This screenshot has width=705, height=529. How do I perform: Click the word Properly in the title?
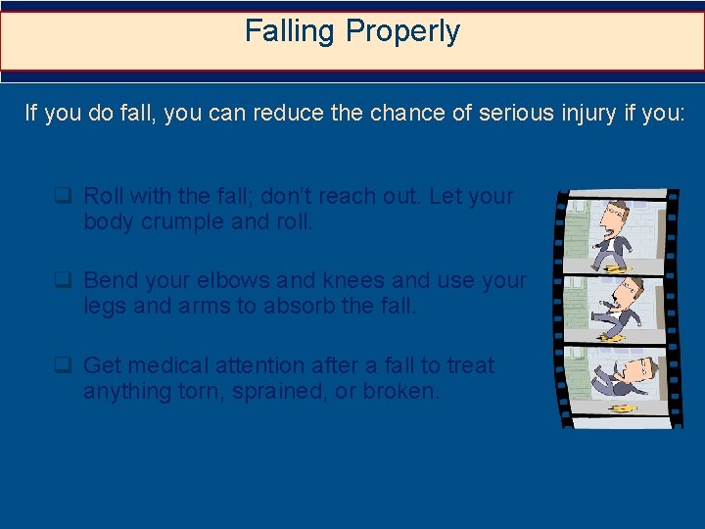(x=402, y=32)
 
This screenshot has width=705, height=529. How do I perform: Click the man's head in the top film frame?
(x=615, y=214)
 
